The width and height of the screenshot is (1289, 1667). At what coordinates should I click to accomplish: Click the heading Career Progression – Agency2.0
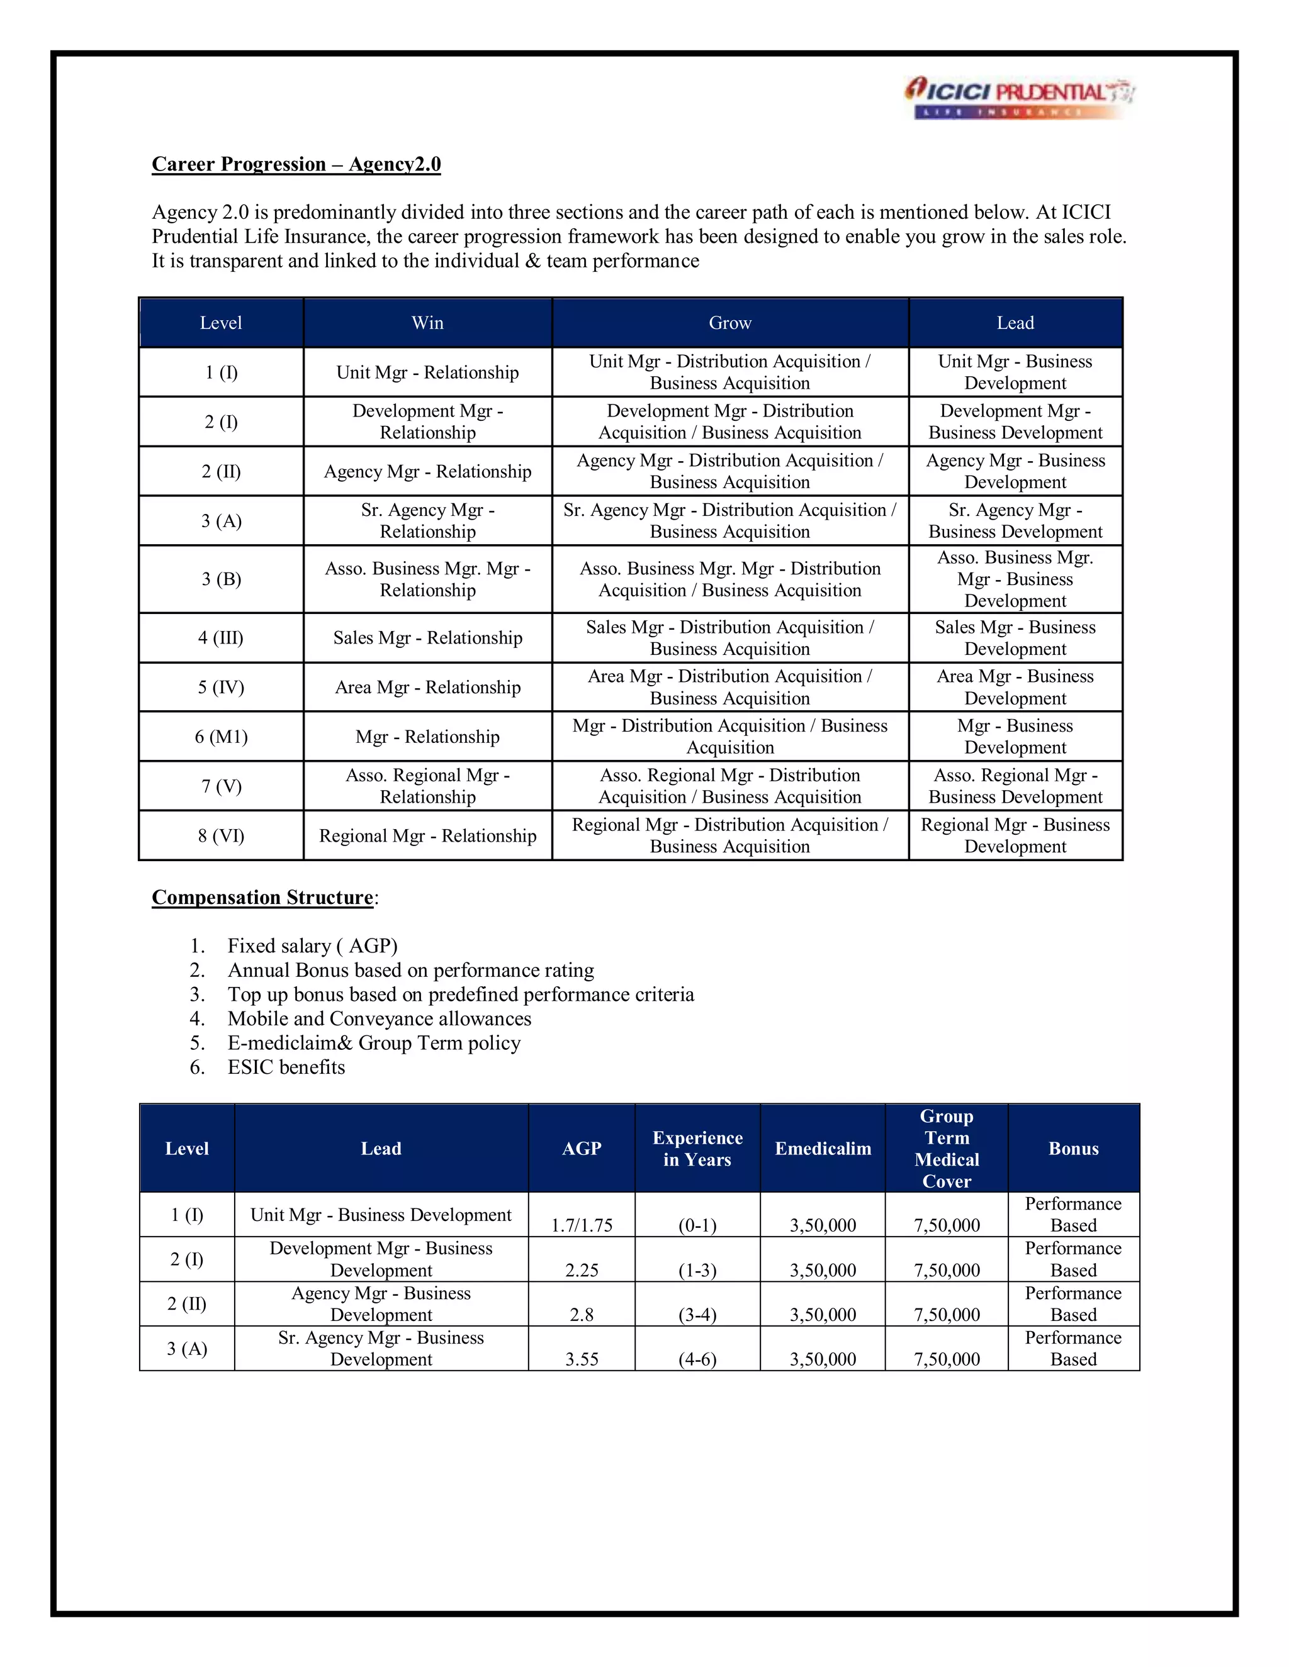296,164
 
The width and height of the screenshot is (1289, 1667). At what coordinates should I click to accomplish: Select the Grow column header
730,323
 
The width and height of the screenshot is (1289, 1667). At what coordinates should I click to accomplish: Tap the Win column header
427,323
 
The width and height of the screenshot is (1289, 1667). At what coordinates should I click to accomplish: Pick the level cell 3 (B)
222,579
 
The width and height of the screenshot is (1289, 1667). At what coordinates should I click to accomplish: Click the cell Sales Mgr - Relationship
427,638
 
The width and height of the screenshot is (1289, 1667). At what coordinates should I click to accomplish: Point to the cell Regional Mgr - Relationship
427,836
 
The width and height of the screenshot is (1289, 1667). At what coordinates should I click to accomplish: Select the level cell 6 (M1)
222,737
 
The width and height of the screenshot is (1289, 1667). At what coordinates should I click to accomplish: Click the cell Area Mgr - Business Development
1015,687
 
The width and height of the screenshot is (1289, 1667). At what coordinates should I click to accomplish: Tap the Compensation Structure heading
262,898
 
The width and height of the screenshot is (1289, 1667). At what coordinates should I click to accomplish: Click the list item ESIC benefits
286,1067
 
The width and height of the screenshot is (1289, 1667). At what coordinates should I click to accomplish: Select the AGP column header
581,1149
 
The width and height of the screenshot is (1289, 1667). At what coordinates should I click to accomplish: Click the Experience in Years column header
697,1149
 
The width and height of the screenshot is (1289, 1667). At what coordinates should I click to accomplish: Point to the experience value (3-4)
697,1314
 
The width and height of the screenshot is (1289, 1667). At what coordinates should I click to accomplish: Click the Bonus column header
1073,1149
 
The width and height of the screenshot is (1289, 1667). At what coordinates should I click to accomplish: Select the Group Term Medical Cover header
946,1149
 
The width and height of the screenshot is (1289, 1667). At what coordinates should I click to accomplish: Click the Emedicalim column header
823,1149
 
